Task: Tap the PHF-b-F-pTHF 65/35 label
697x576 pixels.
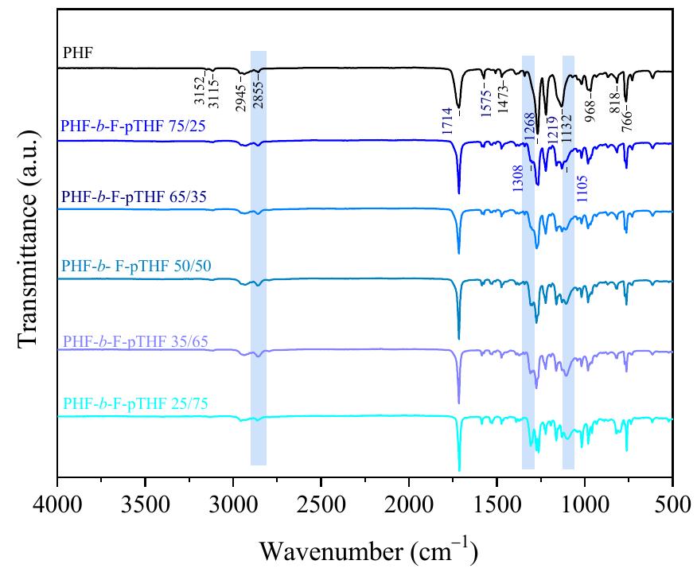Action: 127,195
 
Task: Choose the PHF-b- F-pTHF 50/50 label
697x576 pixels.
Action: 127,264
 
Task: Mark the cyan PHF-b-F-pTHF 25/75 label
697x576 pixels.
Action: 127,402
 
